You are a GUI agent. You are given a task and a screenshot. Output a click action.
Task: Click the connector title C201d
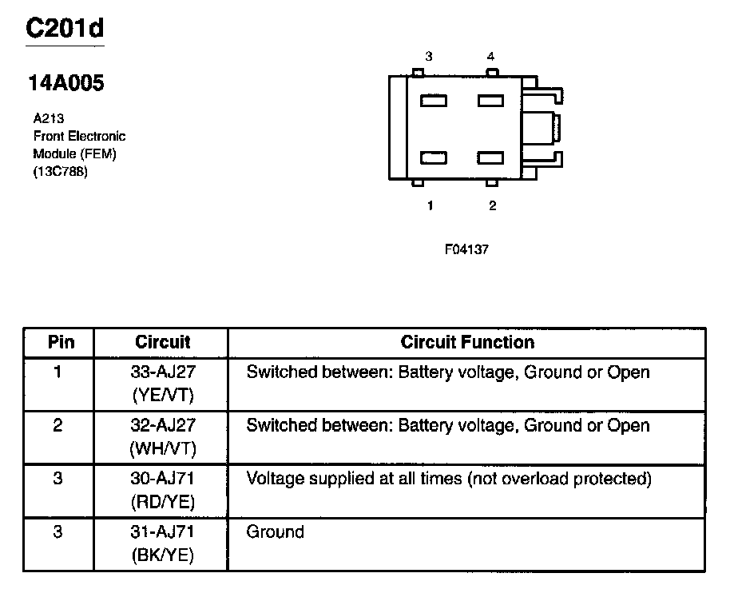coord(65,29)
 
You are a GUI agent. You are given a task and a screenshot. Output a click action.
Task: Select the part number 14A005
coord(66,83)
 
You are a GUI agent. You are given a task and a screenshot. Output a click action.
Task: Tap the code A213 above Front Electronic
coord(48,119)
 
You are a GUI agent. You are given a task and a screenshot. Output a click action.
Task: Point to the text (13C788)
coord(60,171)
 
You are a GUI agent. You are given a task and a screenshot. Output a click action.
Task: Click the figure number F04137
coord(466,249)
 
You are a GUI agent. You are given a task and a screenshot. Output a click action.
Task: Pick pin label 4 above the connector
coord(491,57)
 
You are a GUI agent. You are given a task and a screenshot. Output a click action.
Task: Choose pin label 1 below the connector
coord(430,205)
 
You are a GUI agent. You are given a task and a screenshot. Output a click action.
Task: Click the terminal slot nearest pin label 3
coord(434,101)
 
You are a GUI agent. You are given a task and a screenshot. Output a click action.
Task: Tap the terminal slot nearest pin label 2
coord(490,158)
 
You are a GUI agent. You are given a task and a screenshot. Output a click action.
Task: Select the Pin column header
coord(61,342)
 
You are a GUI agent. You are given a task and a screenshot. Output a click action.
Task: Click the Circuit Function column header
coord(467,342)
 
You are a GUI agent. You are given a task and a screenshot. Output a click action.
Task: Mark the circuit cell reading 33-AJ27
coord(162,372)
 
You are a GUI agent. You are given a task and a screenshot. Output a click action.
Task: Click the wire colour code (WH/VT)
coord(162,448)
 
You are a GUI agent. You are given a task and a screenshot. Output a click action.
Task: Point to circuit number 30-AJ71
coord(162,479)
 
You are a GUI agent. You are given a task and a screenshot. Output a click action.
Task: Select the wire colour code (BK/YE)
coord(162,555)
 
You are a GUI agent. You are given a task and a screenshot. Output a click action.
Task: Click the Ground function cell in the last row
coord(276,532)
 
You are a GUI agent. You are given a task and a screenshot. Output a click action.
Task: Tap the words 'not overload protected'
coord(559,479)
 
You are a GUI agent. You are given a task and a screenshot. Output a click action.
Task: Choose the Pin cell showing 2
coord(58,426)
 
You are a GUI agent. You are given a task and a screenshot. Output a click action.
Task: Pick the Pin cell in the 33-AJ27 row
coord(58,372)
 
